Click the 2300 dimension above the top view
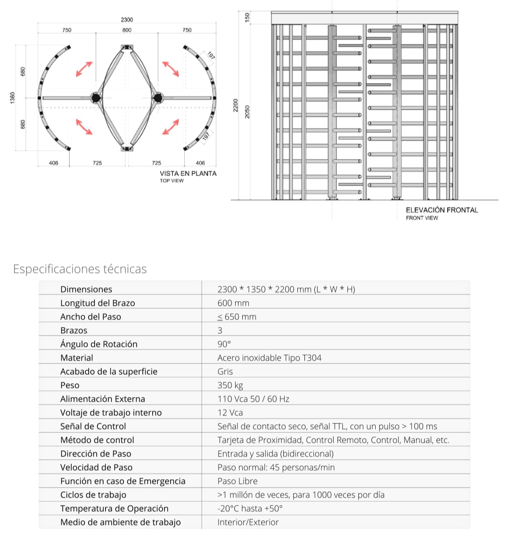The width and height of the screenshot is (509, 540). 127,19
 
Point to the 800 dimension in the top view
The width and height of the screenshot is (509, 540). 127,30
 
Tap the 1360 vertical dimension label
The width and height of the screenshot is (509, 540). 13,99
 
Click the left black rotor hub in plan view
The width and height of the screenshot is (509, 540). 96,98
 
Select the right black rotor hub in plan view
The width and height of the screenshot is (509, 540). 158,98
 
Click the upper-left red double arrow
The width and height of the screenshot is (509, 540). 84,69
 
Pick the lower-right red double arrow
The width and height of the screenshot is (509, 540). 170,127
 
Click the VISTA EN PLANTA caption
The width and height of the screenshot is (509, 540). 188,174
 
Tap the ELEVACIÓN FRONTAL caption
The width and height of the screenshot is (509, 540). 442,210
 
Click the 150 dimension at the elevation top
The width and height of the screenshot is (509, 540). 246,17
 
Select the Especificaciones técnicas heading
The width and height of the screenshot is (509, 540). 80,269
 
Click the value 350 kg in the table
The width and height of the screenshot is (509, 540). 230,385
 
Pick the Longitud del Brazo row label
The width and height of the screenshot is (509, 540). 98,303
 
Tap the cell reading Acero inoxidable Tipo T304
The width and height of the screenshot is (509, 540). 270,358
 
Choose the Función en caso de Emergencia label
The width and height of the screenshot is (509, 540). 123,481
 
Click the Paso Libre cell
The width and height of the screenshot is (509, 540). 238,481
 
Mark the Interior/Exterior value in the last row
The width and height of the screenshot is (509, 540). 248,522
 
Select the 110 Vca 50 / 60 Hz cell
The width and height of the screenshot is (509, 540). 254,399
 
